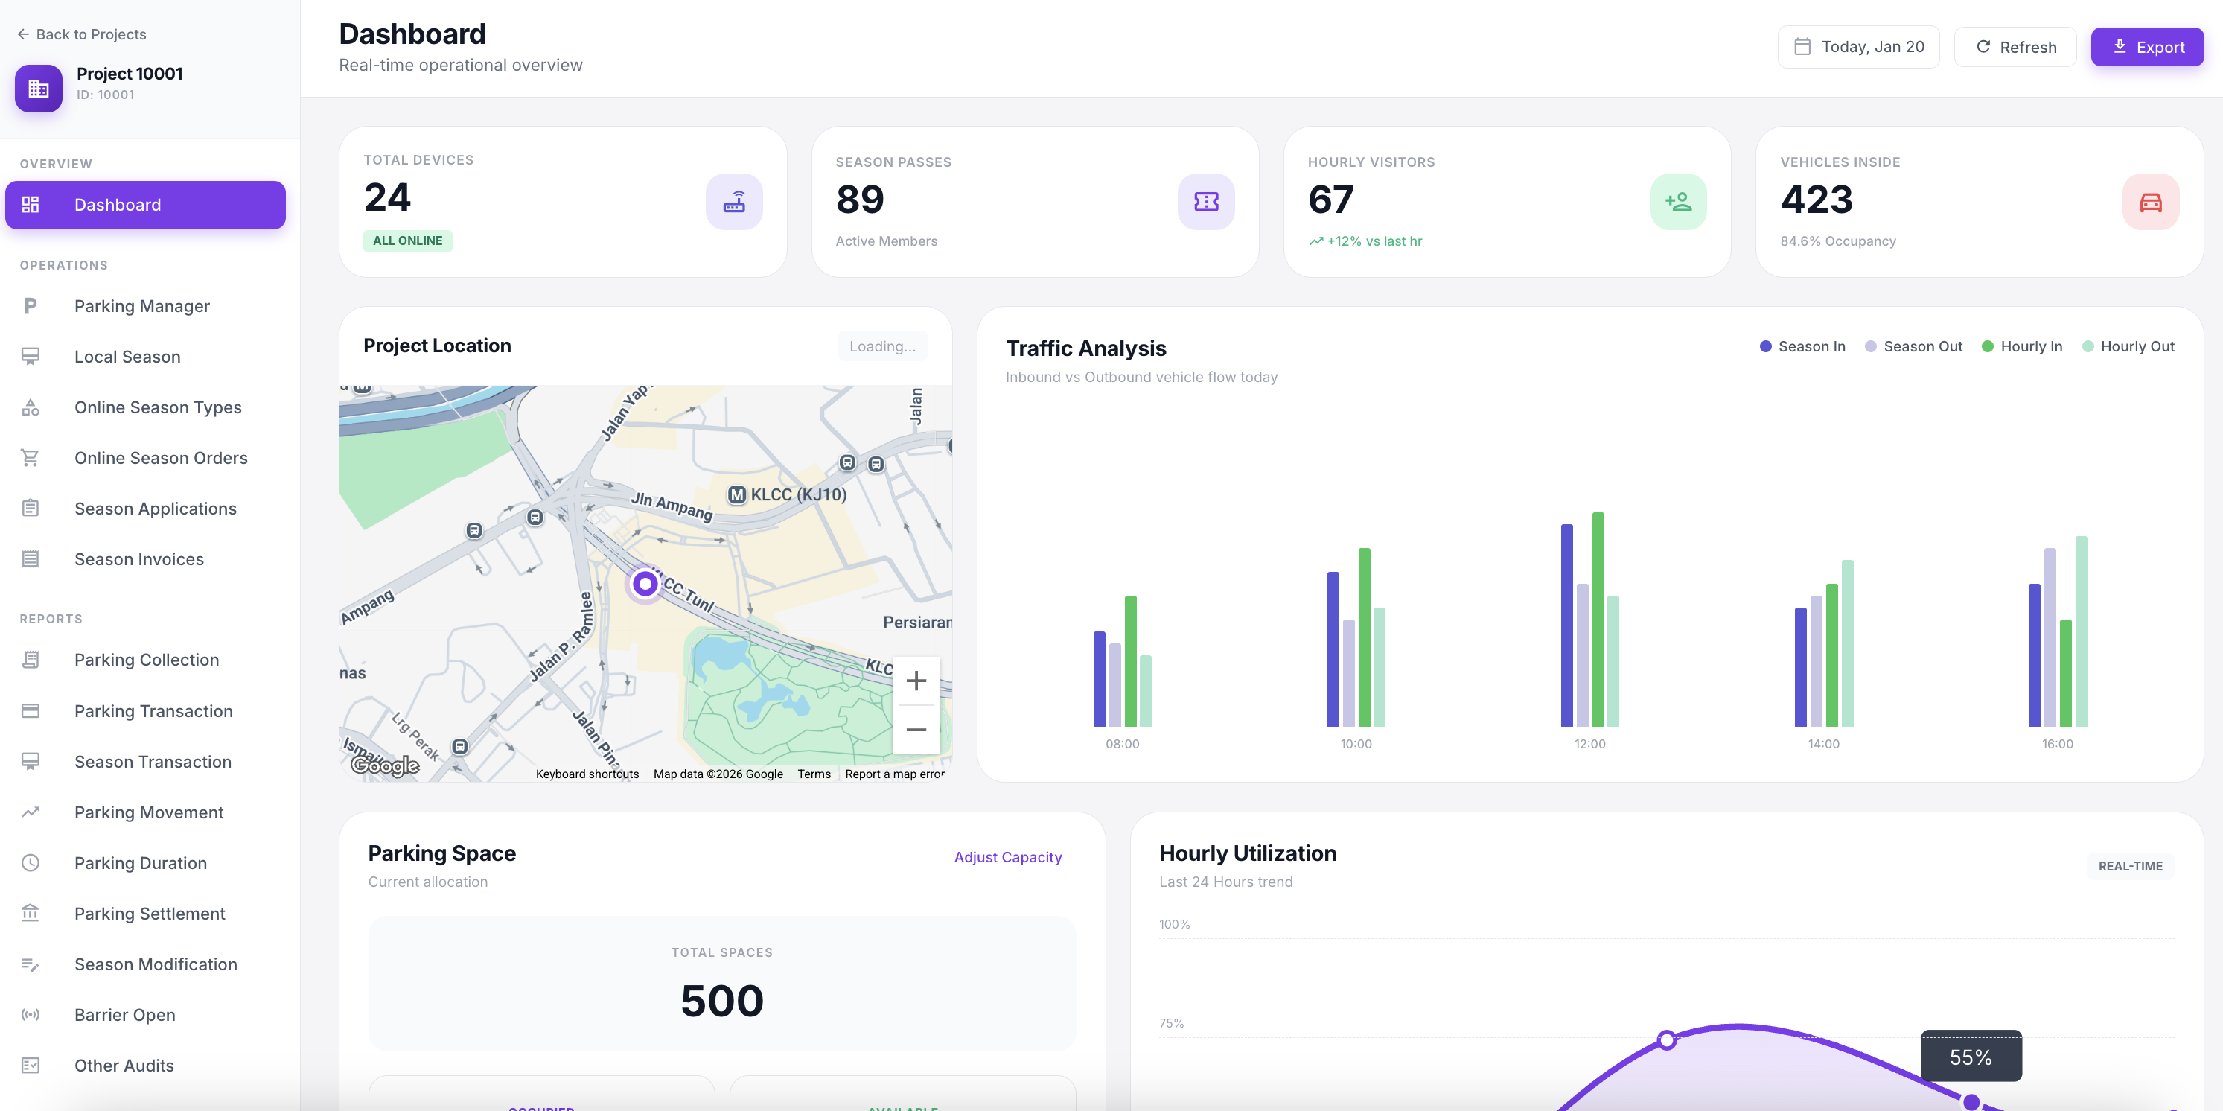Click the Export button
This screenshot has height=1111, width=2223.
[2146, 48]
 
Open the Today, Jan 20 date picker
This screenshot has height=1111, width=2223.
[1858, 48]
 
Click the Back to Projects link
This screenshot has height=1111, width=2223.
[82, 34]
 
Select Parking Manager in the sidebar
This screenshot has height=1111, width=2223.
[141, 307]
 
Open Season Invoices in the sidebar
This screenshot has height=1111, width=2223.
[139, 559]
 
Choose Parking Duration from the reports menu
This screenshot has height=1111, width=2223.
[140, 863]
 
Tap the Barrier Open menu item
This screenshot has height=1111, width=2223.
[124, 1015]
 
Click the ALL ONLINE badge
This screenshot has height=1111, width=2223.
[407, 241]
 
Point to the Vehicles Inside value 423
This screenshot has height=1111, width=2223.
[1817, 200]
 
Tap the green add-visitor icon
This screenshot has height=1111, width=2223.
[1677, 202]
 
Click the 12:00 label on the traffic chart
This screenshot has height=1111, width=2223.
[1589, 744]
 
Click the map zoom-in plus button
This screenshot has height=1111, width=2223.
[916, 681]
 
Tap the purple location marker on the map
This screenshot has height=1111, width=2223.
[645, 585]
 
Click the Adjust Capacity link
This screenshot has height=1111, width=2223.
[1007, 857]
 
